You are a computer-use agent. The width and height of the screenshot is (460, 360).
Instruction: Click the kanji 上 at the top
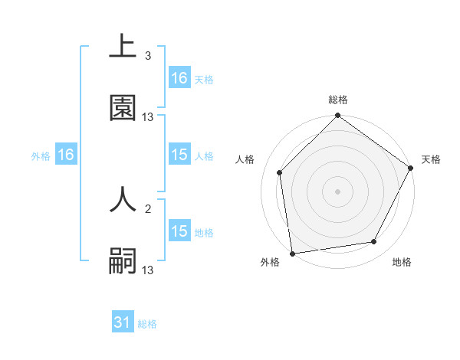[x=123, y=47]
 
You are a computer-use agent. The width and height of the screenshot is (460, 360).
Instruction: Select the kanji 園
[x=123, y=108]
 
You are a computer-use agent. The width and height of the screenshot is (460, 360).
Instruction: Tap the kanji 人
[x=123, y=198]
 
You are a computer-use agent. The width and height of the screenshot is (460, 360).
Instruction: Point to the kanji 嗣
[x=123, y=261]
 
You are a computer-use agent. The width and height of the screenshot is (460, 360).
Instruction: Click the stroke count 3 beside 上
[x=148, y=56]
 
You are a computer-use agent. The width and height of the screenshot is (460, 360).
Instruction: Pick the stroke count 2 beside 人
[x=148, y=208]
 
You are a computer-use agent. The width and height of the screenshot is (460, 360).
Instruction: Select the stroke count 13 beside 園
[x=148, y=117]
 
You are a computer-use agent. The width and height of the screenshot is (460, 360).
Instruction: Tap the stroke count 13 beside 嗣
[x=148, y=270]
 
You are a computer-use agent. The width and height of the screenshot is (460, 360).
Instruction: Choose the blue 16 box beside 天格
[x=179, y=78]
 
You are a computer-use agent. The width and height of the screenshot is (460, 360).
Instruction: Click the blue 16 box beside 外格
[x=66, y=155]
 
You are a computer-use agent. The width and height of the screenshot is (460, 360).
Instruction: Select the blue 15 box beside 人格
[x=179, y=155]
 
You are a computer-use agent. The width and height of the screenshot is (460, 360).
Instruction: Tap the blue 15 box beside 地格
[x=179, y=232]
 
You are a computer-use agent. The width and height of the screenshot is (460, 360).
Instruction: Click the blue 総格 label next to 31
[x=147, y=324]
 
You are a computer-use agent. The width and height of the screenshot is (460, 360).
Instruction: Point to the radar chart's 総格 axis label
[x=338, y=100]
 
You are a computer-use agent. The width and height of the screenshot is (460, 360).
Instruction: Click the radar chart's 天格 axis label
[x=431, y=159]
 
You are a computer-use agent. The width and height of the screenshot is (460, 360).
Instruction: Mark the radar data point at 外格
[x=292, y=253]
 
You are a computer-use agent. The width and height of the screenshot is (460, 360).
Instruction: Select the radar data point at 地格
[x=374, y=241]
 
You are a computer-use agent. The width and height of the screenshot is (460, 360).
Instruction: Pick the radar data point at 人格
[x=280, y=172]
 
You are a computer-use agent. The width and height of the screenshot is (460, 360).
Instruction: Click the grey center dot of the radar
[x=338, y=191]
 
